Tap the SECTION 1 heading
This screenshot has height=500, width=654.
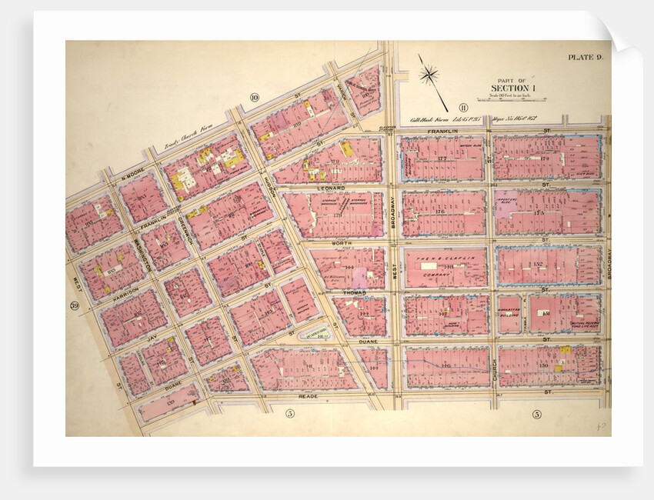tap(512, 88)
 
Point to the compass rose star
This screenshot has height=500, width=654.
tap(429, 75)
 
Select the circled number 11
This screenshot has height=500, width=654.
tap(463, 107)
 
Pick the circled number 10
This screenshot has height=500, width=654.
tap(253, 96)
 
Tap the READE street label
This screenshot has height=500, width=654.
tap(308, 398)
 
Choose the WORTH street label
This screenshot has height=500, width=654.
tap(342, 243)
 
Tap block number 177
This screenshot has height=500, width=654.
tap(442, 158)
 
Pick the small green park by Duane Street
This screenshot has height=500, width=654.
tap(315, 333)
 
